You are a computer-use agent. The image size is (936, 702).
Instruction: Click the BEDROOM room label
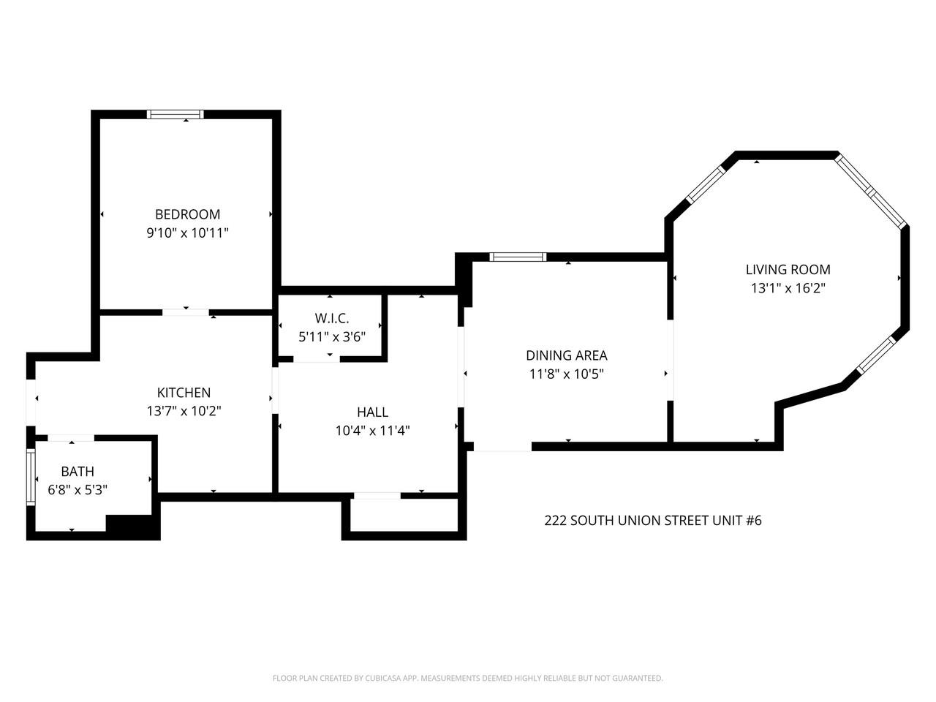pyautogui.click(x=187, y=214)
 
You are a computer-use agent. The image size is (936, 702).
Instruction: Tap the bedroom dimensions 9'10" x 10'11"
pyautogui.click(x=187, y=233)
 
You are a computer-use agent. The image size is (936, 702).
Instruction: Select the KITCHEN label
pyautogui.click(x=184, y=393)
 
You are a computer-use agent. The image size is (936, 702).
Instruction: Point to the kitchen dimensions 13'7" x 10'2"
pyautogui.click(x=184, y=411)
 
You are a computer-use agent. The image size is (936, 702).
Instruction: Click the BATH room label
pyautogui.click(x=78, y=472)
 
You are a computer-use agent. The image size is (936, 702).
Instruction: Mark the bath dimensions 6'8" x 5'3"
pyautogui.click(x=78, y=490)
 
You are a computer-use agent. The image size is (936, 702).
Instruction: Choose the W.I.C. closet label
pyautogui.click(x=332, y=318)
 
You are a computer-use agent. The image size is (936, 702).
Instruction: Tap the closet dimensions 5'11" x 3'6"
pyautogui.click(x=332, y=336)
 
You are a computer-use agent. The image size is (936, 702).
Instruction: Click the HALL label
pyautogui.click(x=372, y=412)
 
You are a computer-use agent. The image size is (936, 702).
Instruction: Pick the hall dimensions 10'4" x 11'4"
pyautogui.click(x=372, y=431)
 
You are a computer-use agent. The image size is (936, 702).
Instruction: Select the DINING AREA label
pyautogui.click(x=567, y=355)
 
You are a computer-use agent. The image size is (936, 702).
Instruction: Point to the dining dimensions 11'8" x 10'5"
pyautogui.click(x=567, y=374)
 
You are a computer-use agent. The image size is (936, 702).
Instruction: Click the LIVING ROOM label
pyautogui.click(x=788, y=270)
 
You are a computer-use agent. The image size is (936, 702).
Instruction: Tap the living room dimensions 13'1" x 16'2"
pyautogui.click(x=788, y=288)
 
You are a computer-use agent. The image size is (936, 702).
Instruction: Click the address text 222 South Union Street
pyautogui.click(x=653, y=521)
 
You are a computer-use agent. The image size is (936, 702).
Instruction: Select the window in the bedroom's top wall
pyautogui.click(x=175, y=114)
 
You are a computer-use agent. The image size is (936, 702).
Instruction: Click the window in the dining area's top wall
pyautogui.click(x=518, y=257)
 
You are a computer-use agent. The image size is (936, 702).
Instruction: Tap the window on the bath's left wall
pyautogui.click(x=31, y=477)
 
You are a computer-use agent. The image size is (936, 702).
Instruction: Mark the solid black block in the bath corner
pyautogui.click(x=132, y=526)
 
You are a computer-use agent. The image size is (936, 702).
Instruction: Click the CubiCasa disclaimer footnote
pyautogui.click(x=468, y=679)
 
